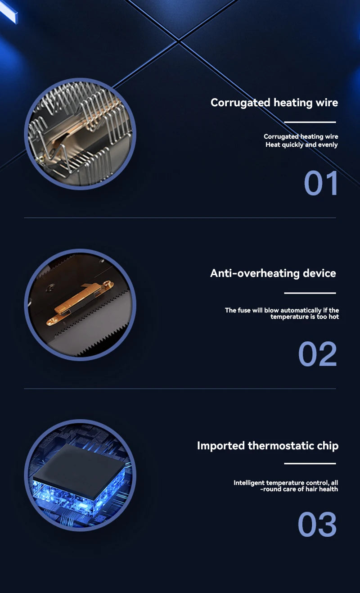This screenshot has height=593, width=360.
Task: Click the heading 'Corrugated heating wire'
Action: click(274, 103)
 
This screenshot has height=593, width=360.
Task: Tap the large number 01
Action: click(321, 183)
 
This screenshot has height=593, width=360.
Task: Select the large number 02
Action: click(317, 354)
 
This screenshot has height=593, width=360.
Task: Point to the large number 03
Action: click(317, 525)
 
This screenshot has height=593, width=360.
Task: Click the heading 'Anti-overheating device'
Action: click(273, 273)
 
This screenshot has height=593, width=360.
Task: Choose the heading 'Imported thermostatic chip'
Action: click(268, 446)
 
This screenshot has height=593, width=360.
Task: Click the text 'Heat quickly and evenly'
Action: click(301, 145)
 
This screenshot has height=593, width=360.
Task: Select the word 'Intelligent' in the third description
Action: click(249, 483)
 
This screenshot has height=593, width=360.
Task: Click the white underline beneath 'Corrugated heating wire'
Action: click(310, 122)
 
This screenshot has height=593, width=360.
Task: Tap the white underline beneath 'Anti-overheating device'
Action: click(310, 293)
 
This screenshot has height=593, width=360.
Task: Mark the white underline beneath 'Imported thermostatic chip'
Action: click(310, 463)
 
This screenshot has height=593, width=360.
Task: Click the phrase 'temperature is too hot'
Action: click(305, 317)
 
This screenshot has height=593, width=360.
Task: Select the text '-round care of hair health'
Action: click(299, 489)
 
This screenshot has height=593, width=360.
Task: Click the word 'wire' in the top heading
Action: click(327, 103)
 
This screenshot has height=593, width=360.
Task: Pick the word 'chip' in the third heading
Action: click(328, 446)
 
